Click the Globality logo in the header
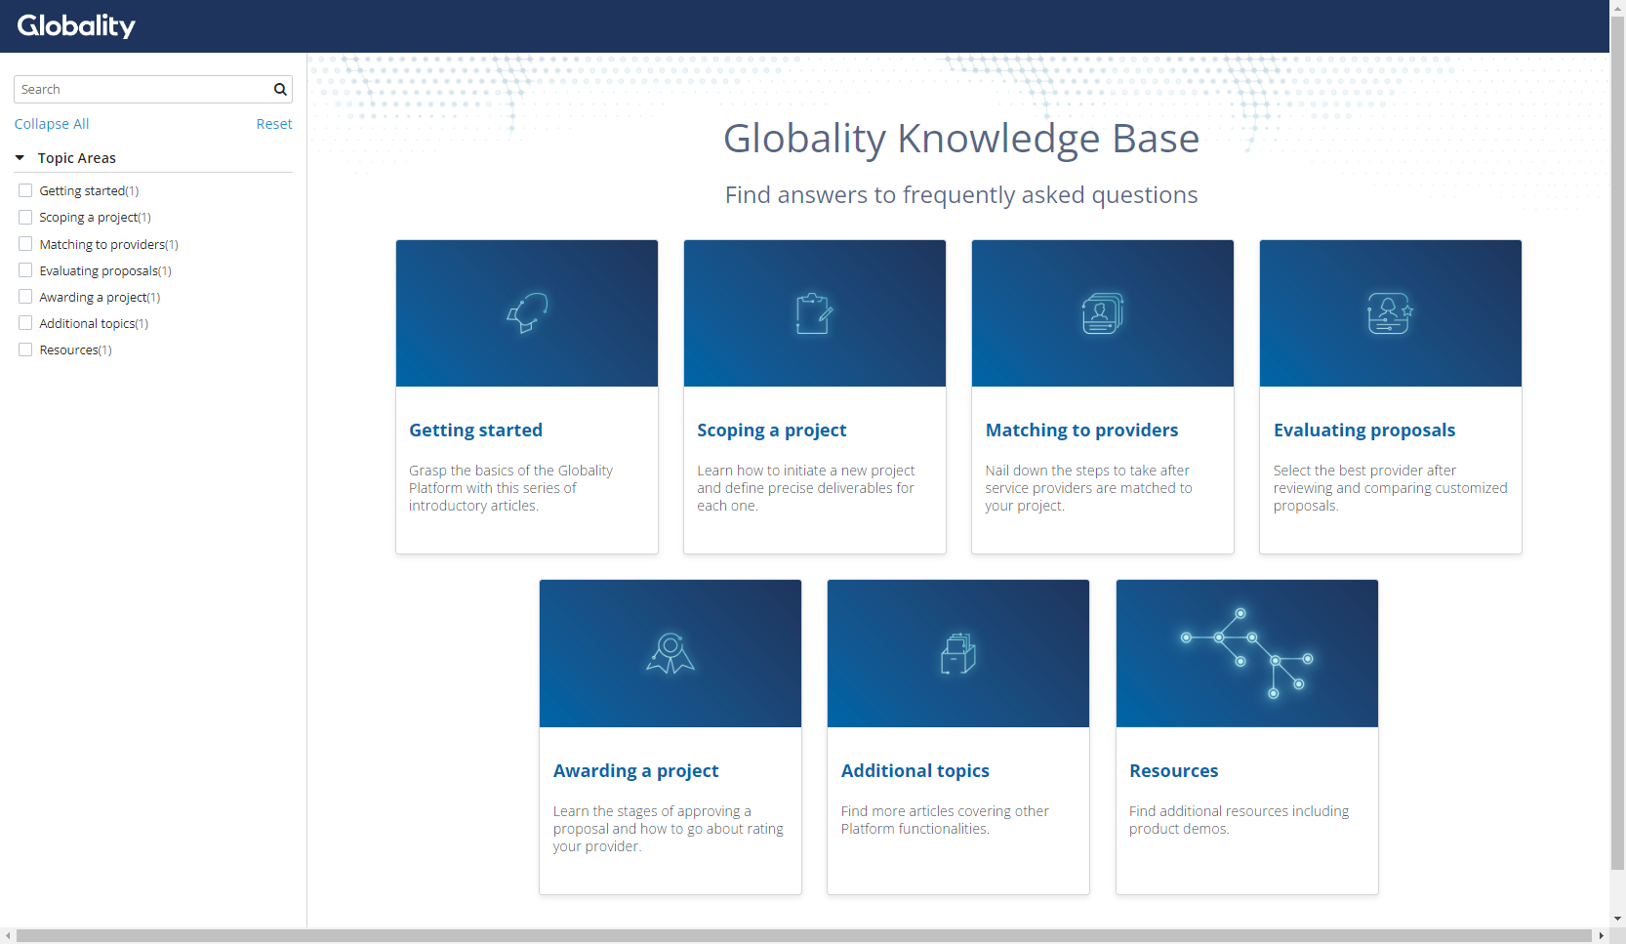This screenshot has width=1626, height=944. point(76,25)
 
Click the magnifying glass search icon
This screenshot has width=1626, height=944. point(280,90)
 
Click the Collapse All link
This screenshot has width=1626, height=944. point(52,124)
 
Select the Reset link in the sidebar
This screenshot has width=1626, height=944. point(274,124)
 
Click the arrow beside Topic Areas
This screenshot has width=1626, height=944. point(20,158)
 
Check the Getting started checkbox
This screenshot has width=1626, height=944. point(25,190)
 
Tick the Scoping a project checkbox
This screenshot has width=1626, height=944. point(25,217)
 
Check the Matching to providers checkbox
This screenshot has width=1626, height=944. point(25,244)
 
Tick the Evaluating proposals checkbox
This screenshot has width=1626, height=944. point(25,270)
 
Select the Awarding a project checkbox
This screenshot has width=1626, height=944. point(25,297)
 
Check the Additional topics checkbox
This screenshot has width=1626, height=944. point(25,323)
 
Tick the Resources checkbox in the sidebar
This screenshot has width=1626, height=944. point(25,349)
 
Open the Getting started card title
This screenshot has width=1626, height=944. point(475,431)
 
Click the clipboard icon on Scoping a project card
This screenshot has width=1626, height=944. point(814,313)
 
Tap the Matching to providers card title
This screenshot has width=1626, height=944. point(1081,431)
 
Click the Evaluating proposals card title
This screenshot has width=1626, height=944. point(1363,431)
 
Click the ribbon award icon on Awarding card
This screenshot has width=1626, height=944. point(670,653)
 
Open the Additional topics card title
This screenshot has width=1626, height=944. point(915,771)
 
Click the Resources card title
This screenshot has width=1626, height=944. point(1173,771)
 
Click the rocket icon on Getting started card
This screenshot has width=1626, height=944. point(527,313)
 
